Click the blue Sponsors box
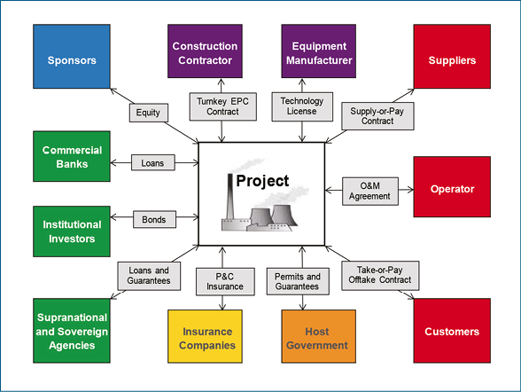pos(72,56)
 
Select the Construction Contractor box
pos(205,51)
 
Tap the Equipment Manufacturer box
pos(319,51)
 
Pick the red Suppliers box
pos(452,56)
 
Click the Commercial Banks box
pos(72,156)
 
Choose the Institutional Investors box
pos(72,231)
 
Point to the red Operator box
pos(452,187)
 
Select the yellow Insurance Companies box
pos(205,336)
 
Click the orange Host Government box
pos(319,336)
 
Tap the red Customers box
pos(452,331)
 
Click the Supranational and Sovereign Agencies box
pos(72,331)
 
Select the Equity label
pos(149,113)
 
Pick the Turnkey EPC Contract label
pos(223,106)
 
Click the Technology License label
pos(302,106)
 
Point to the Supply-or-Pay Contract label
pos(377,116)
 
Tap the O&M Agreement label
pos(370,192)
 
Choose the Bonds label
pos(154,219)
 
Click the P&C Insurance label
pos(225,282)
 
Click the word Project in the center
pos(262,181)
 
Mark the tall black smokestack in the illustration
pos(230,197)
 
